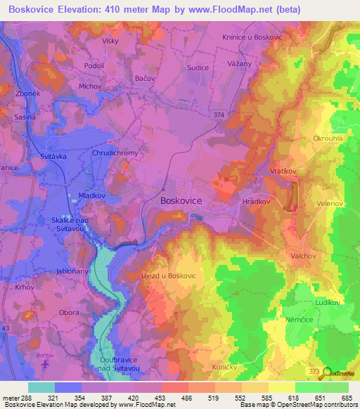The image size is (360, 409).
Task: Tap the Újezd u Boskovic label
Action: (169, 275)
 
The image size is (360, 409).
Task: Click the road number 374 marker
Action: (219, 113)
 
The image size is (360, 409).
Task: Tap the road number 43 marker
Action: (5, 330)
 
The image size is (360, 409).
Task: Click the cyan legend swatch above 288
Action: (41, 387)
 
